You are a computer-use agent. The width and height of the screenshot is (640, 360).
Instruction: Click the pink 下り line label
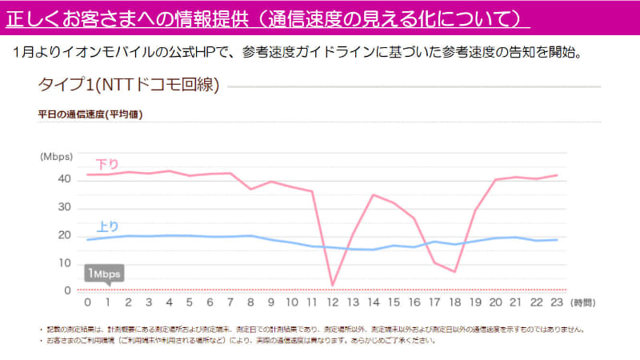tap(106, 163)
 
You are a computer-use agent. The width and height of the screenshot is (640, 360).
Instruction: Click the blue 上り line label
tap(108, 226)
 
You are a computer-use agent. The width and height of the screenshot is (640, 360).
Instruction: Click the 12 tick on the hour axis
tap(333, 302)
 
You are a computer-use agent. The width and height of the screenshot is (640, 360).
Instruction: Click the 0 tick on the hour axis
tap(87, 302)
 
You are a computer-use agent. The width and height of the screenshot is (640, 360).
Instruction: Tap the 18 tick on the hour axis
tap(455, 302)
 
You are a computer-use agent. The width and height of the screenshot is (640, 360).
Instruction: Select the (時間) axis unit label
tap(583, 302)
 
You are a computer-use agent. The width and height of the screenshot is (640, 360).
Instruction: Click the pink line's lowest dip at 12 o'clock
tap(333, 285)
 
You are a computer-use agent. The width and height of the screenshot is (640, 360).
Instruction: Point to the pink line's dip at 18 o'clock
tap(455, 272)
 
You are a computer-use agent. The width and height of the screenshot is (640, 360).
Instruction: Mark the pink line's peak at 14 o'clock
tap(374, 194)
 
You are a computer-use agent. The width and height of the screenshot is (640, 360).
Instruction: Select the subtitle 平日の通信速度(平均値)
tap(90, 114)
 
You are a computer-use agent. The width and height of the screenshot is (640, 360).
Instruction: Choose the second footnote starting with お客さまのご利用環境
tap(240, 340)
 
